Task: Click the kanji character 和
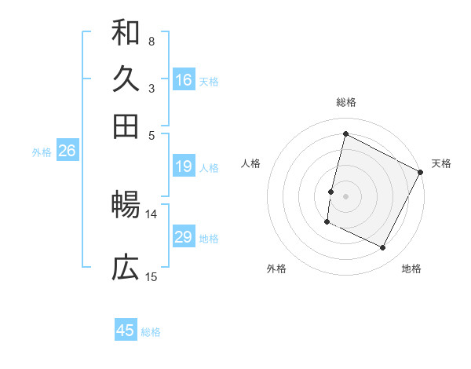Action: click(126, 33)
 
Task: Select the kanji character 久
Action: click(126, 79)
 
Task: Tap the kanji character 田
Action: click(126, 126)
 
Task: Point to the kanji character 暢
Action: click(126, 206)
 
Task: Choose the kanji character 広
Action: click(126, 269)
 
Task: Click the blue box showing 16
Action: click(184, 80)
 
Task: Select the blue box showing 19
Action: click(184, 166)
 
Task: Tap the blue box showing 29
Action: click(184, 237)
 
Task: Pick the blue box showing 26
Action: click(67, 152)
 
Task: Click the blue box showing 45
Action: click(126, 331)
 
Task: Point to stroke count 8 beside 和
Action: click(151, 41)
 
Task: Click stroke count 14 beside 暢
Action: click(152, 214)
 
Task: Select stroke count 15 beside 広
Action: click(152, 276)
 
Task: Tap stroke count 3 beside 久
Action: click(151, 88)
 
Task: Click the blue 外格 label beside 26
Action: click(42, 152)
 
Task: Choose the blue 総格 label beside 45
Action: click(151, 332)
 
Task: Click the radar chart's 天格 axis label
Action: click(441, 163)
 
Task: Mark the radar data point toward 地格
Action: click(383, 248)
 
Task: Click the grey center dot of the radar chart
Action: click(345, 195)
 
